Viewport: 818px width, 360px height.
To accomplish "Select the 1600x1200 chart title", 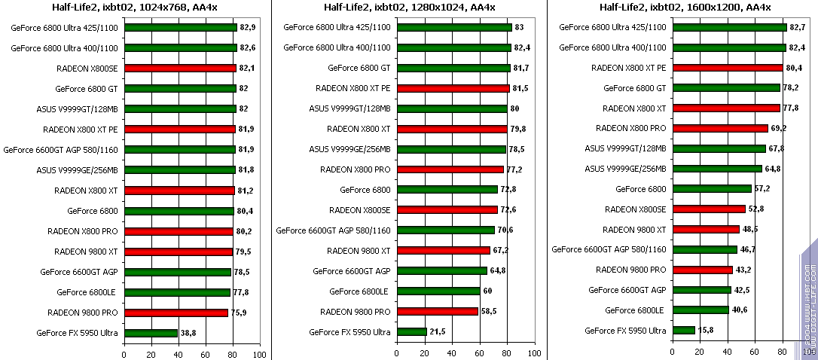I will point(685,8).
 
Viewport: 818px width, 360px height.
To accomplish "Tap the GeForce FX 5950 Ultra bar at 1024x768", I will point(151,333).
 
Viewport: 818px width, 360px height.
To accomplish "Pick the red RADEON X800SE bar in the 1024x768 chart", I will point(180,68).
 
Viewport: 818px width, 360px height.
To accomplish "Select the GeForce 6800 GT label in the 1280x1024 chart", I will point(359,68).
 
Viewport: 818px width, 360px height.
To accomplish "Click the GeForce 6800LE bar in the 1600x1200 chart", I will point(700,310).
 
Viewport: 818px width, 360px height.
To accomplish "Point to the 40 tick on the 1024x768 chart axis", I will point(178,354).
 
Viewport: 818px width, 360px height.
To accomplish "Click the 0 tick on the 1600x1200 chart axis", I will point(673,351).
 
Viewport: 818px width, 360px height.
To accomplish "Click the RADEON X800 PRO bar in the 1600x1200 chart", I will point(720,128).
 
